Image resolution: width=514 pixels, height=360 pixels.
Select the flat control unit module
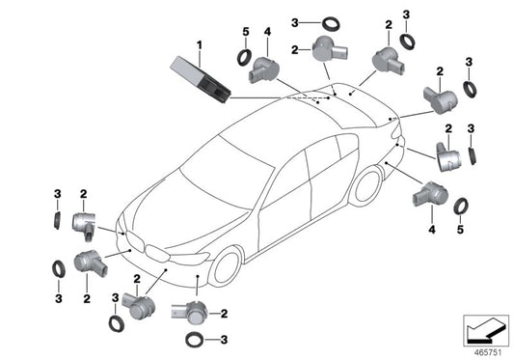pos(198,76)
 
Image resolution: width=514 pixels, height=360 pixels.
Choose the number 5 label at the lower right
pos(461,229)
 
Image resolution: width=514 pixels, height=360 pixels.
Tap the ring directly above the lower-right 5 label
pos(462,206)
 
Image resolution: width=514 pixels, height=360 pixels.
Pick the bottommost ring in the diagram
pos(193,340)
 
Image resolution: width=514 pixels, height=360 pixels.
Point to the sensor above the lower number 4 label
pos(426,196)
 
